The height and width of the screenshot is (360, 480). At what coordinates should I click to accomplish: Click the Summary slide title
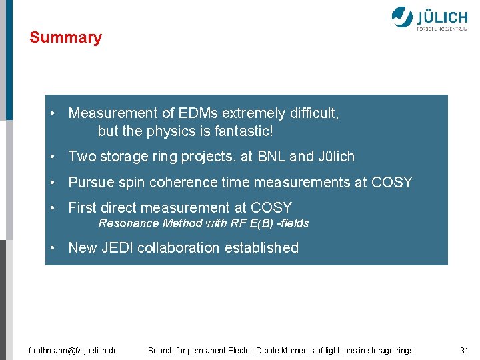click(65, 37)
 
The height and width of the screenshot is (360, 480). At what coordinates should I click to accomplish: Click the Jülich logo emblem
click(402, 17)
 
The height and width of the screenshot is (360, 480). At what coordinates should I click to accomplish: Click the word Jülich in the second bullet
click(336, 157)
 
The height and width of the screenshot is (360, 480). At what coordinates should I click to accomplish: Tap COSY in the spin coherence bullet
click(392, 182)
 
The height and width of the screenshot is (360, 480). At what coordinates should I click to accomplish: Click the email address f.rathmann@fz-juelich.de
click(73, 350)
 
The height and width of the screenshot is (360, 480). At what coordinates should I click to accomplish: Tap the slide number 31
click(464, 350)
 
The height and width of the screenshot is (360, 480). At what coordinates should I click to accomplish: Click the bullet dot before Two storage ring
click(52, 157)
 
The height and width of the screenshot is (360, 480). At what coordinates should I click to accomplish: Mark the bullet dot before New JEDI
click(52, 248)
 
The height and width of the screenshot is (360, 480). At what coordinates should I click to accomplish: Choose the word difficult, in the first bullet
click(313, 114)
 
